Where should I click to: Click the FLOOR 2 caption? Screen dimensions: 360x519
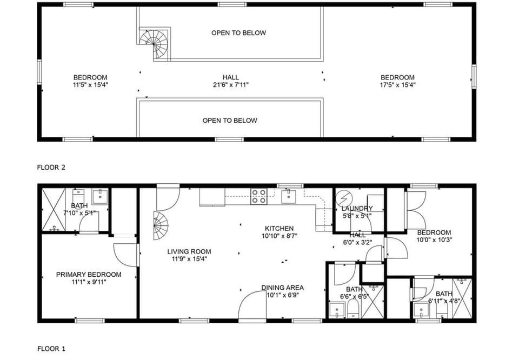click(x=51, y=168)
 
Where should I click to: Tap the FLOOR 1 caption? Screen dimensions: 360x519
click(x=51, y=349)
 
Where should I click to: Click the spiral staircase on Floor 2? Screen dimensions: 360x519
click(x=155, y=44)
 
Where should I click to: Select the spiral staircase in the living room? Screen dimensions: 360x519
click(x=160, y=226)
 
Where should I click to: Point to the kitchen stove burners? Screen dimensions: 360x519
click(x=259, y=196)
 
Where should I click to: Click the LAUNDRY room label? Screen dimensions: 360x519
click(x=357, y=209)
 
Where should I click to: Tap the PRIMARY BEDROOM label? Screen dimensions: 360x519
click(x=89, y=275)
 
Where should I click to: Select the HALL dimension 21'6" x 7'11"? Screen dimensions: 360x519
click(x=230, y=85)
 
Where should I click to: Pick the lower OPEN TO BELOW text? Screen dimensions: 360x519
click(x=230, y=121)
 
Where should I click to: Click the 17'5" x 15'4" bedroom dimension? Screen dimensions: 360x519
click(x=397, y=85)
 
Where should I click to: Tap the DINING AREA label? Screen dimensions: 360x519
click(x=282, y=288)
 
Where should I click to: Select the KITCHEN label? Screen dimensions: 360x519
click(x=279, y=229)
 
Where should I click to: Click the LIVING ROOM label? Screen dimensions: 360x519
click(x=189, y=251)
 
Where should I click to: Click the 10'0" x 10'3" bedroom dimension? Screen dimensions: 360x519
click(x=434, y=240)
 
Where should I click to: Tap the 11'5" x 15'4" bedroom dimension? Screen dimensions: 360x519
click(x=90, y=85)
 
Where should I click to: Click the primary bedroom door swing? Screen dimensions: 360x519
click(x=127, y=255)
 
